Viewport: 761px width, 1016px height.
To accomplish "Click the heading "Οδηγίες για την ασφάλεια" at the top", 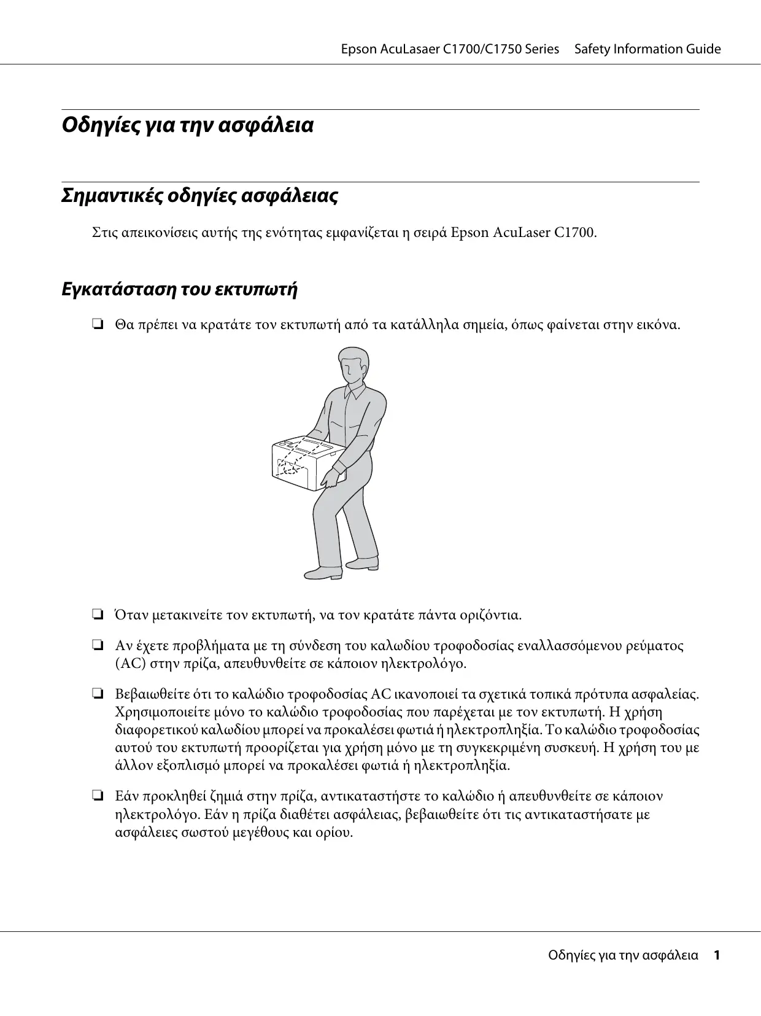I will (188, 125).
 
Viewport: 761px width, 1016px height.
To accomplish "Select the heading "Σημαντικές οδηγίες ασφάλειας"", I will (199, 196).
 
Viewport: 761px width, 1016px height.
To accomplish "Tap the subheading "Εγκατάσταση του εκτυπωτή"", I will (180, 289).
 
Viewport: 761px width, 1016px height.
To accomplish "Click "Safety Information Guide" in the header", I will (647, 49).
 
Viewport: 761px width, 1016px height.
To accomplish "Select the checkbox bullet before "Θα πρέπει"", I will (97, 324).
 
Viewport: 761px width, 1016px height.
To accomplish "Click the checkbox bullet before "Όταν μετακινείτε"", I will (97, 614).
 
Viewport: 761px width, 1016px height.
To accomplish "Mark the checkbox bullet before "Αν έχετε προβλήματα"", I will (97, 645).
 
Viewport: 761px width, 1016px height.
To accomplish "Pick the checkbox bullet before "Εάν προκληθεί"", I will (97, 796).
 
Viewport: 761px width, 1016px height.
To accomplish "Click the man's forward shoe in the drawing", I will (324, 573).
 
